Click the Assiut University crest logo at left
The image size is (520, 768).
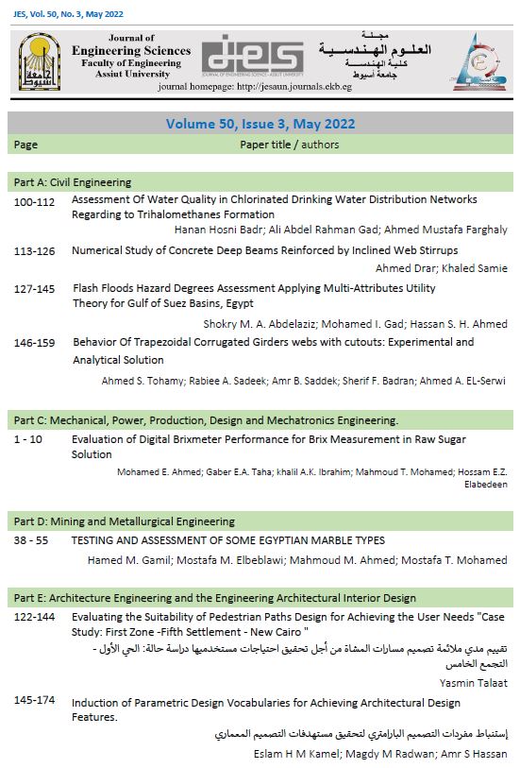[x=38, y=60]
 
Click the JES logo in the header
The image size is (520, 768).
[x=252, y=56]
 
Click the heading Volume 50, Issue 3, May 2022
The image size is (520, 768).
[x=260, y=124]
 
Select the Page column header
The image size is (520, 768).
[x=25, y=145]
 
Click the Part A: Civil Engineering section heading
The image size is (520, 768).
[x=73, y=182]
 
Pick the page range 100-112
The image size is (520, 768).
[x=35, y=200]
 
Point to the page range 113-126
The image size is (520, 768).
[x=35, y=251]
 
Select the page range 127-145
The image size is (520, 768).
[x=35, y=289]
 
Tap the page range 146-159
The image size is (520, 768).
[x=35, y=343]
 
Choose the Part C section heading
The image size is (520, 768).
[x=206, y=419]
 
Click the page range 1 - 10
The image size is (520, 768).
[x=33, y=439]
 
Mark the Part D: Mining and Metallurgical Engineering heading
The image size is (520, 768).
[x=125, y=521]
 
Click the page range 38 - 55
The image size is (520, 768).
[x=34, y=541]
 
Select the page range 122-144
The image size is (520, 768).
[x=35, y=617]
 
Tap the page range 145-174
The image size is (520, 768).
[x=35, y=702]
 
